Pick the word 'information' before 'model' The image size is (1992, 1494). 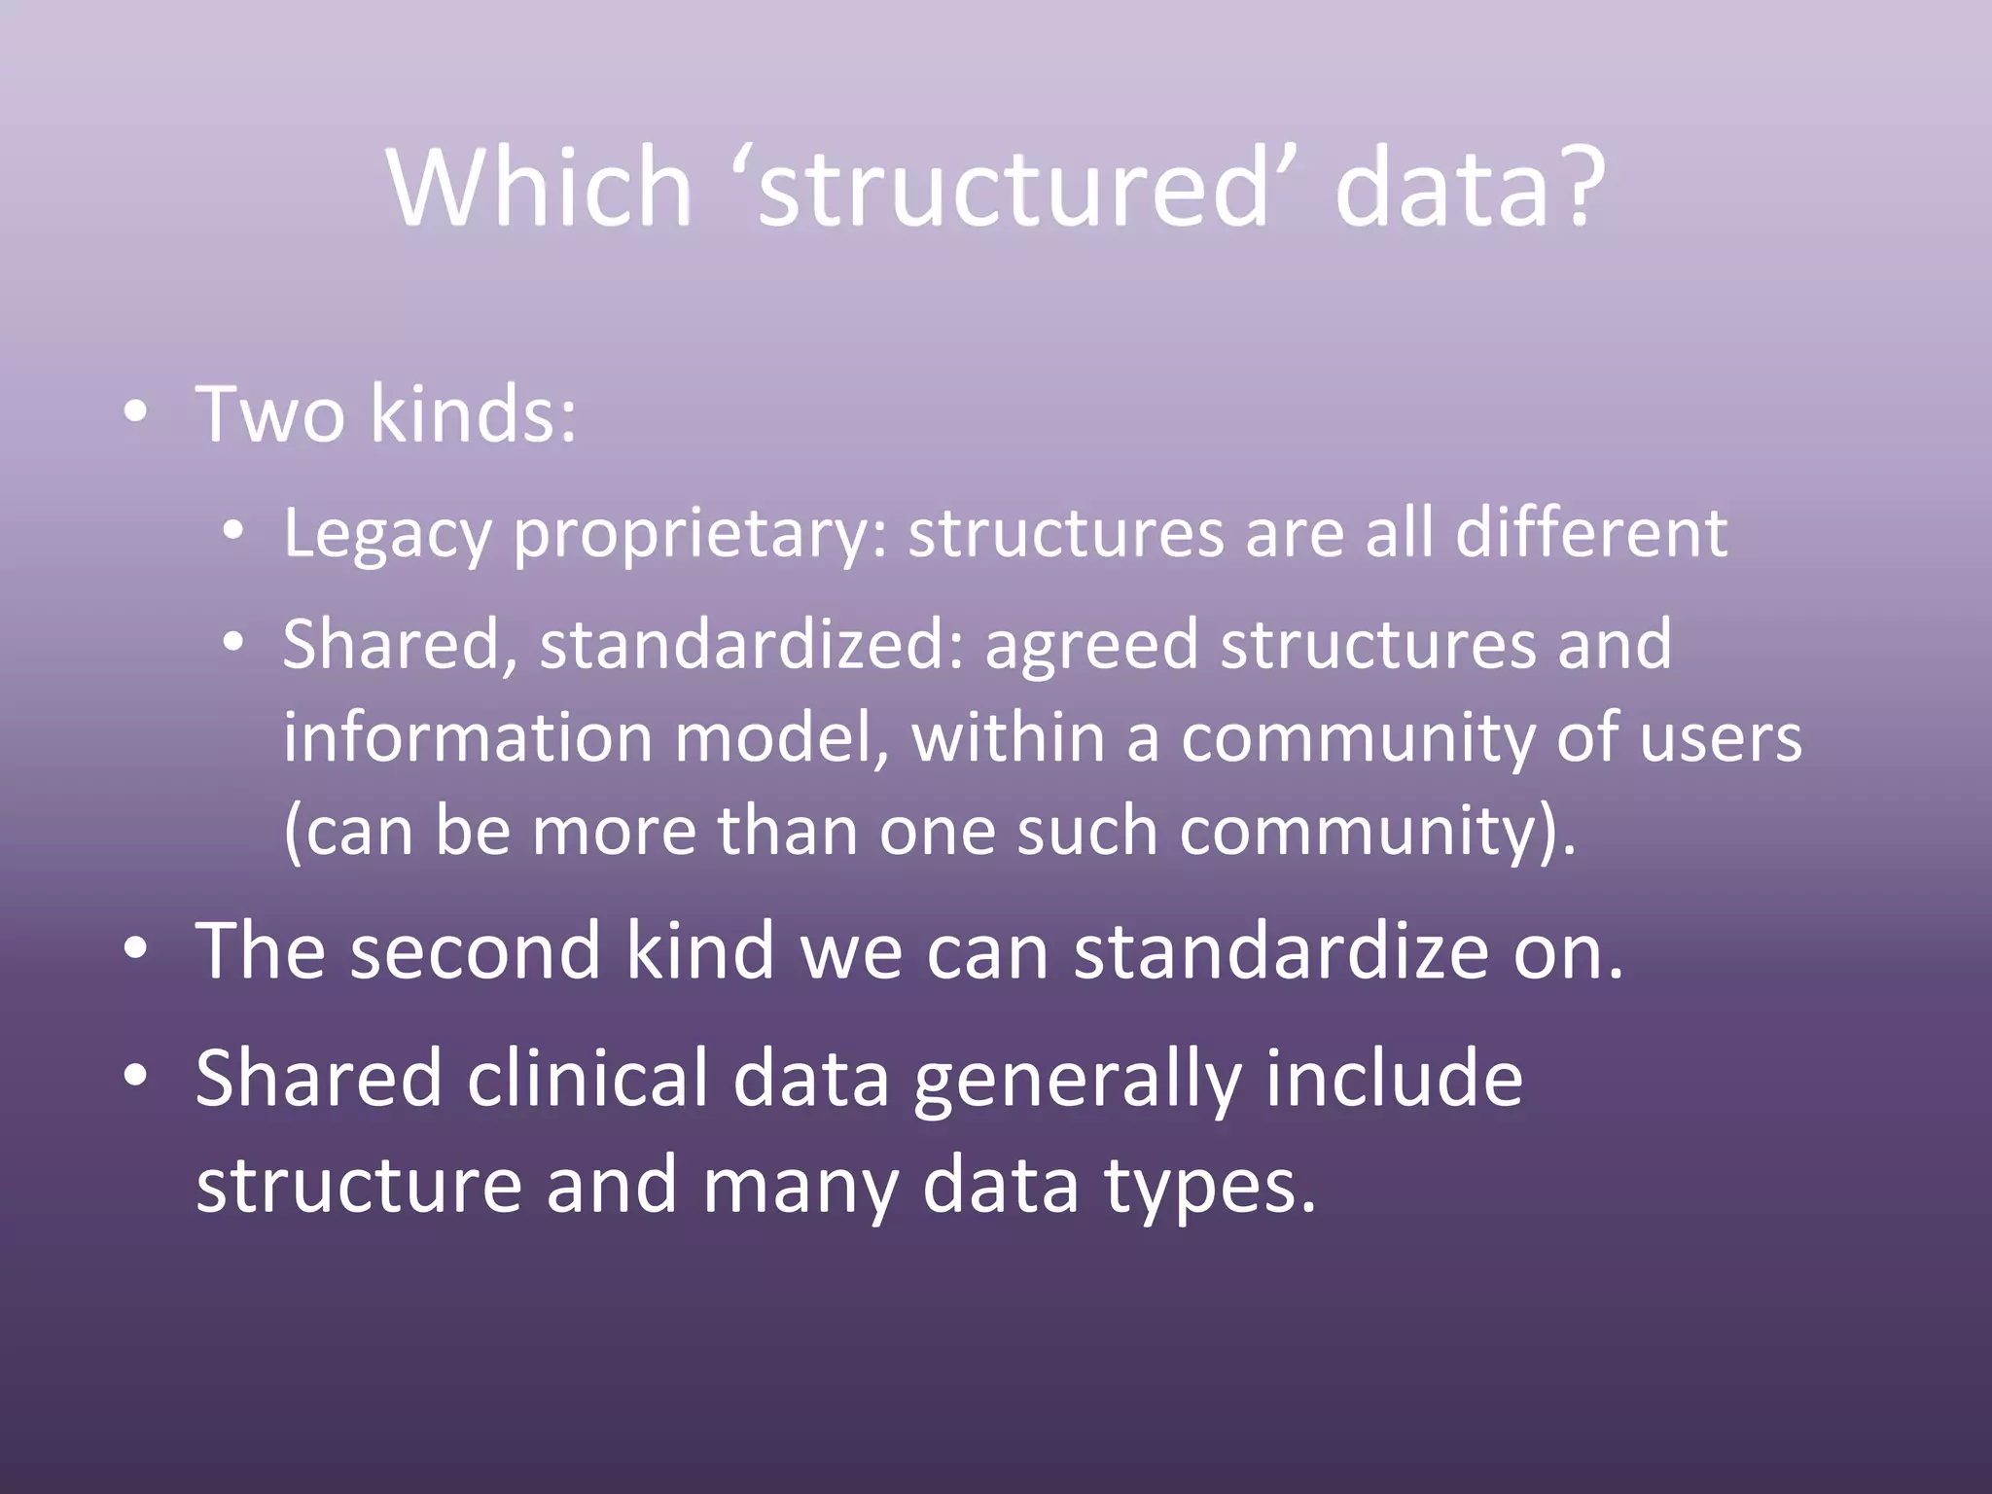467,736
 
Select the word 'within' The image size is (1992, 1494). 1007,736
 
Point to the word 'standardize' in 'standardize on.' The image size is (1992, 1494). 1280,950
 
